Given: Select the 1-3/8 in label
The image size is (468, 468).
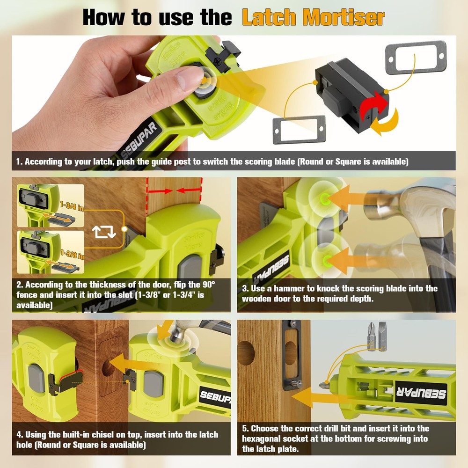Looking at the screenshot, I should click(x=72, y=255).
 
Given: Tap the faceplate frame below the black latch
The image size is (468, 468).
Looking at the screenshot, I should click(x=299, y=130).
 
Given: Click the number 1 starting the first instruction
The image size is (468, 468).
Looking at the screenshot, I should click(x=19, y=162).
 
